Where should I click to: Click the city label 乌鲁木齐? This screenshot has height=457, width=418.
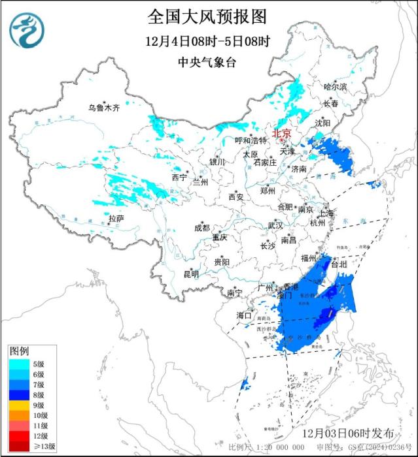pos(104,108)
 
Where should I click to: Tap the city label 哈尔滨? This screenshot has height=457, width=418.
pos(336,86)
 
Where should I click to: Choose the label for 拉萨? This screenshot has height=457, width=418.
pos(116,218)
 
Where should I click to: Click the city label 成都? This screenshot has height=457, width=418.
pos(201,227)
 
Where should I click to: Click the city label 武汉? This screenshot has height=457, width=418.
pos(275,225)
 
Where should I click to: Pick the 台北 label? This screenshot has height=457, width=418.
pos(339,265)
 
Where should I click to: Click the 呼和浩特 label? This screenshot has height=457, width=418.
pos(251,140)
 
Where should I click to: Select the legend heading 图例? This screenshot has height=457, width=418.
pos(19,351)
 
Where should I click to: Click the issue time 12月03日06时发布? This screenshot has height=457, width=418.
pos(348,433)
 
